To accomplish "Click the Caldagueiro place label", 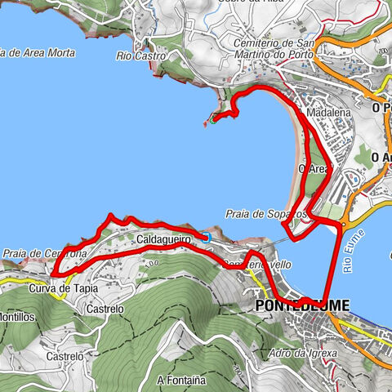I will [163, 239].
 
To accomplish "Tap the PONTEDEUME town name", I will [302, 305].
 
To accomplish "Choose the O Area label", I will [313, 169].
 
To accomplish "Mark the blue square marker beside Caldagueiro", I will [207, 237].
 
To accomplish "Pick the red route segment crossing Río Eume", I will [335, 261].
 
